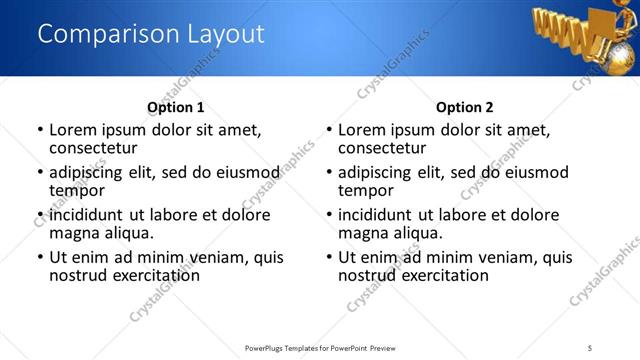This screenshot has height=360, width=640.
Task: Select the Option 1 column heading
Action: tap(175, 107)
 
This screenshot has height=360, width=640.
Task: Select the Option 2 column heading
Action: tap(465, 107)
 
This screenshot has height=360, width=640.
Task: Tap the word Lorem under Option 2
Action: tap(363, 130)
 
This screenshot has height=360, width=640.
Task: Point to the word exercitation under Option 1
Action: tap(154, 274)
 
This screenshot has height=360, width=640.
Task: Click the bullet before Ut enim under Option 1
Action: tap(40, 257)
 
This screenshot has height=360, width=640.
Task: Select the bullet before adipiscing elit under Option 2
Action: tap(329, 173)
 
